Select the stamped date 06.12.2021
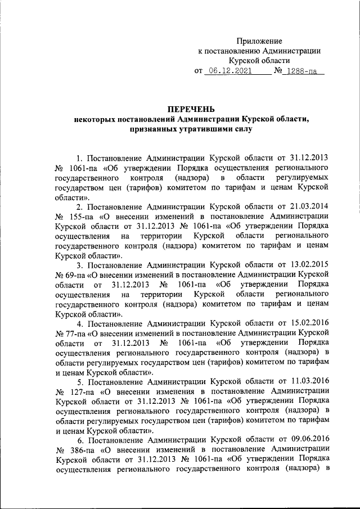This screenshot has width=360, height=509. (228, 71)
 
